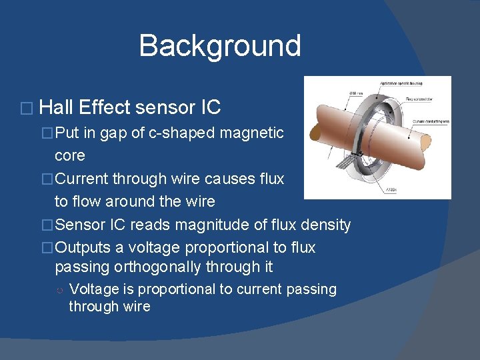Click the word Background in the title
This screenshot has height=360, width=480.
tap(219, 46)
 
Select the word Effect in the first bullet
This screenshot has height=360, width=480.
tap(103, 107)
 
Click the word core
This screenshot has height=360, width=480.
tap(69, 156)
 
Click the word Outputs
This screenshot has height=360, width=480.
tap(83, 248)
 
